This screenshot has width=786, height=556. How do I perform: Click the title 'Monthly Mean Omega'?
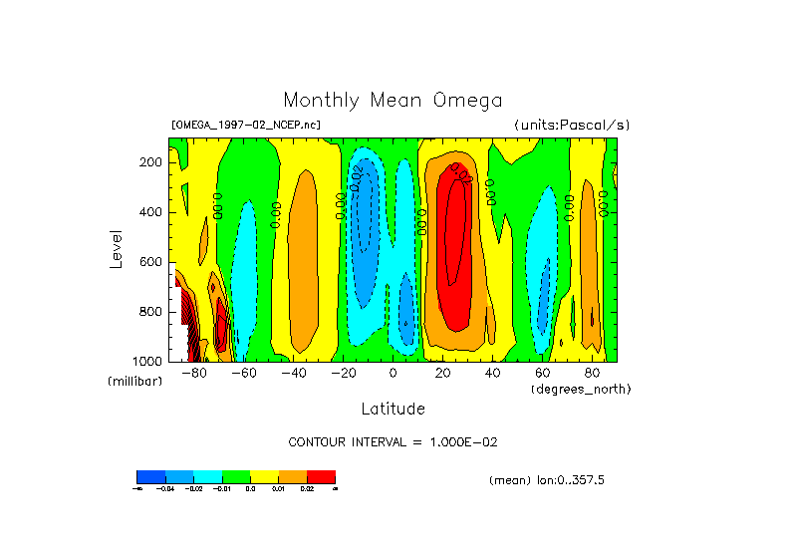click(x=393, y=101)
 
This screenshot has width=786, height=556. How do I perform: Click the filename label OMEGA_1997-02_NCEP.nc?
click(x=246, y=126)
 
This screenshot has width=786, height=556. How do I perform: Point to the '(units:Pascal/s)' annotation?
click(x=572, y=126)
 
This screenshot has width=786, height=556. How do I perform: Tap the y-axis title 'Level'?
click(x=117, y=248)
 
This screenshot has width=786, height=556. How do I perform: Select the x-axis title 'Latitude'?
click(x=393, y=409)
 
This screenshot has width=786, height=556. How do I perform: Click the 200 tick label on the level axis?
click(x=151, y=162)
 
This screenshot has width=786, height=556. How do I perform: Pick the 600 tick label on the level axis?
click(x=151, y=262)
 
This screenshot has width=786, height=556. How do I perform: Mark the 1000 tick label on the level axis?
click(x=148, y=361)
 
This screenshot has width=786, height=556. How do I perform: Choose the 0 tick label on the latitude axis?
click(x=393, y=373)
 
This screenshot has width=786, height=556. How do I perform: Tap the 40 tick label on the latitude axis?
click(x=492, y=373)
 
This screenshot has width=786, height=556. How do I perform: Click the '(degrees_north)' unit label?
click(x=581, y=389)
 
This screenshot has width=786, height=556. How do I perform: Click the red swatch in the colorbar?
click(x=321, y=476)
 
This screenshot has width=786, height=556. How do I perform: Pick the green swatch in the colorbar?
click(x=235, y=476)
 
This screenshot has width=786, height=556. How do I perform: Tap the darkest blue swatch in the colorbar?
click(x=150, y=476)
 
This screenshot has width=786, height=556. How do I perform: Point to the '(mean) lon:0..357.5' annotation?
click(x=547, y=480)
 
